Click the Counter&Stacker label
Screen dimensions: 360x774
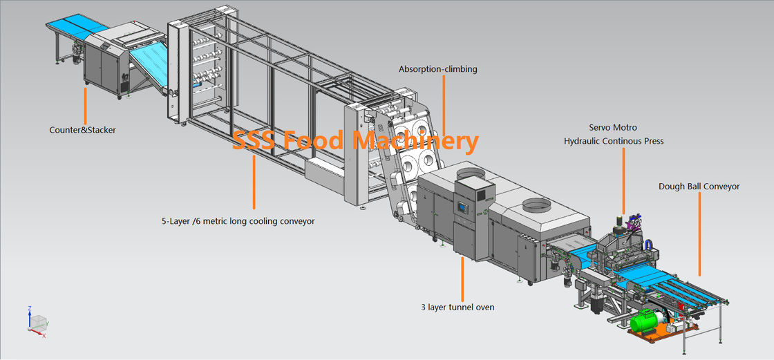pyautogui.click(x=82, y=129)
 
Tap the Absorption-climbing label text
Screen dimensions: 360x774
pyautogui.click(x=437, y=69)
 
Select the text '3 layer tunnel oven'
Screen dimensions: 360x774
pyautogui.click(x=457, y=307)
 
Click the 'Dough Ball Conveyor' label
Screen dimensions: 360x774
pyautogui.click(x=699, y=187)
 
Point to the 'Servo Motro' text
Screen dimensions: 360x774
pyautogui.click(x=612, y=128)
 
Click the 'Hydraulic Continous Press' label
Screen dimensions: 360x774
pyautogui.click(x=613, y=141)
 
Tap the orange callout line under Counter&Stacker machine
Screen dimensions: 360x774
pyautogui.click(x=86, y=105)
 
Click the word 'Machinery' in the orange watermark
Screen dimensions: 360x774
pyautogui.click(x=415, y=141)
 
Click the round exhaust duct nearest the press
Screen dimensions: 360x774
pyautogui.click(x=538, y=205)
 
